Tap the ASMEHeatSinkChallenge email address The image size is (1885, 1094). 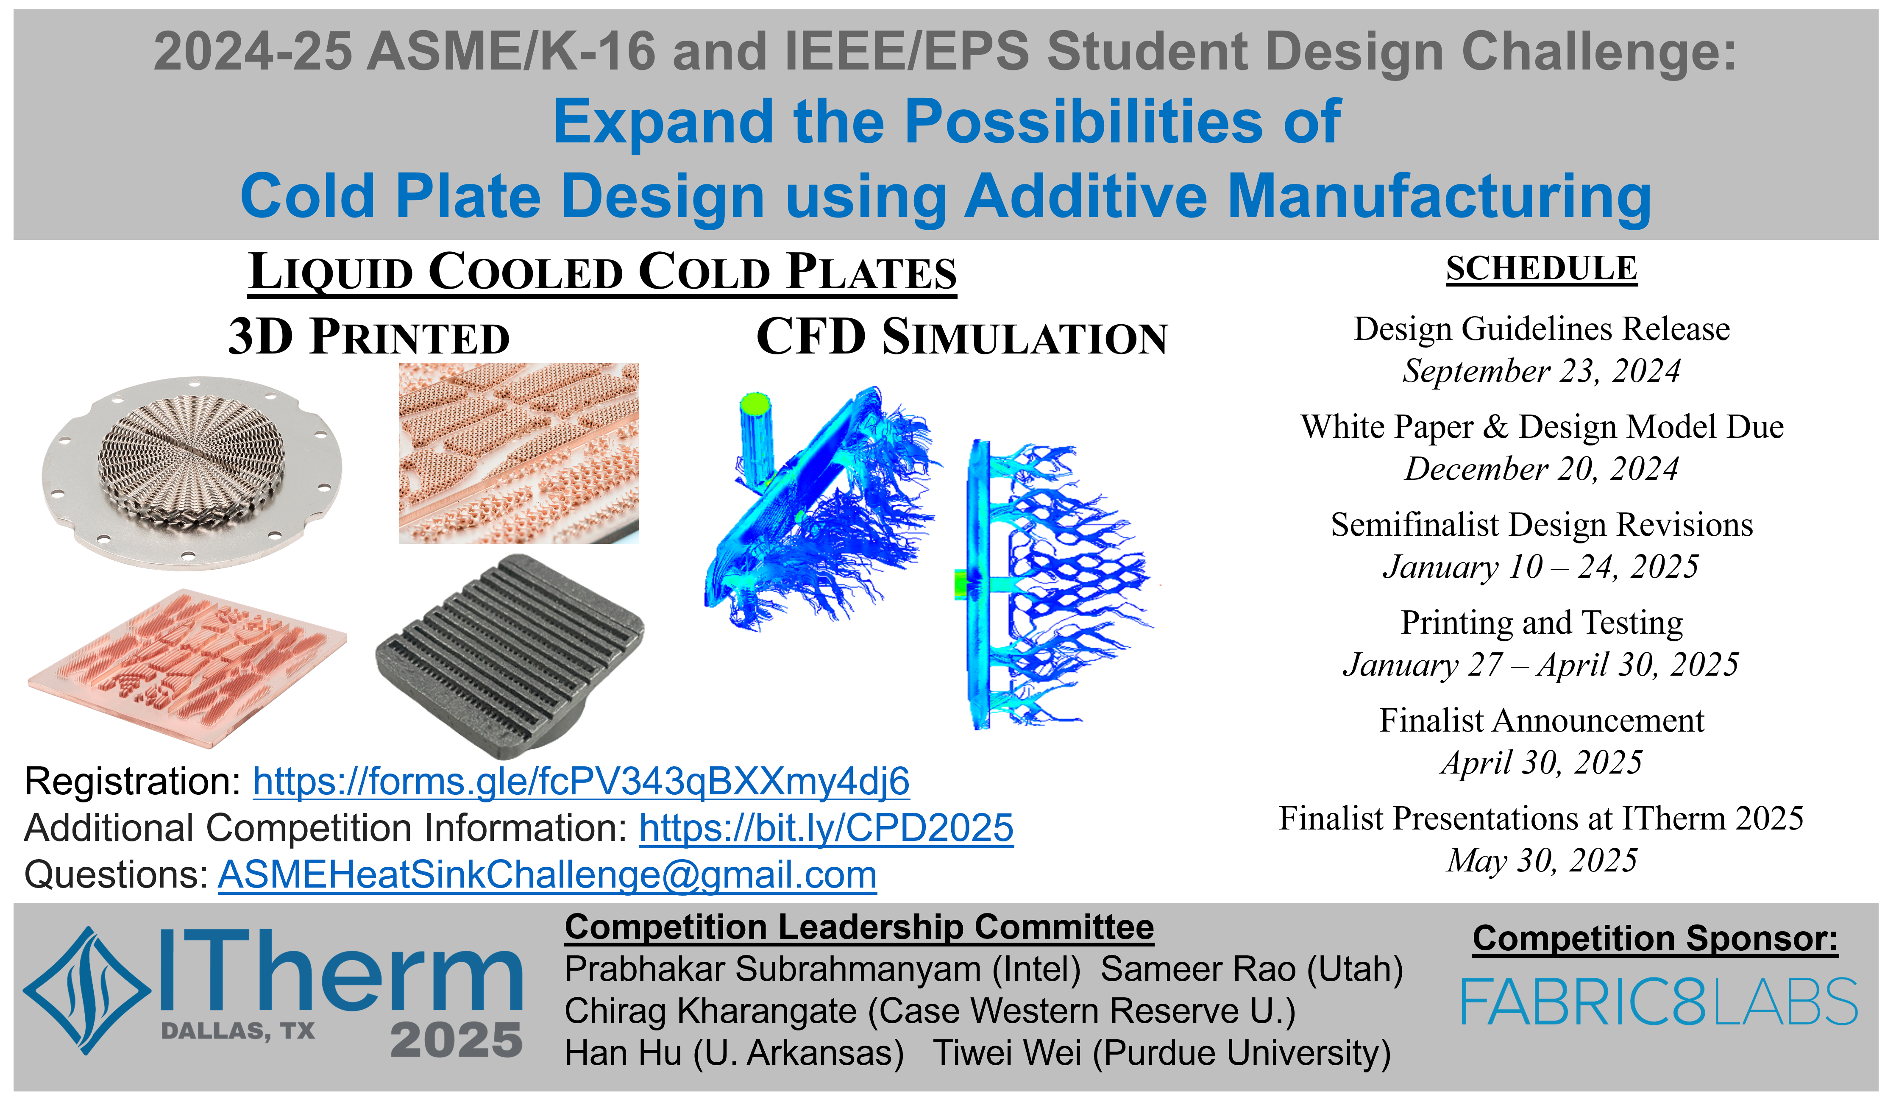pyautogui.click(x=547, y=874)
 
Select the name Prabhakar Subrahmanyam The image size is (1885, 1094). pyautogui.click(x=773, y=969)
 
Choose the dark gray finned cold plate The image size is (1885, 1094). pyautogui.click(x=510, y=656)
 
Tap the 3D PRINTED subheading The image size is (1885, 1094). pyautogui.click(x=369, y=337)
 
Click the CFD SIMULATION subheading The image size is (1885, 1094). pyautogui.click(x=962, y=337)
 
